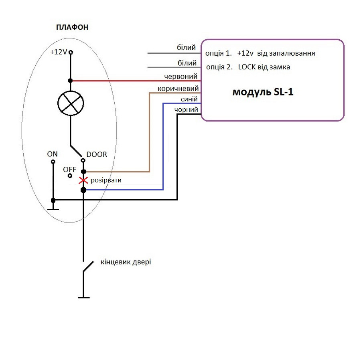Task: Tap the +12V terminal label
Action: point(59,52)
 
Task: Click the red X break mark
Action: point(83,180)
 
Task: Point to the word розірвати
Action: point(106,180)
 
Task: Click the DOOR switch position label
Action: point(97,154)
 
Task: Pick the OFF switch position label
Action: point(69,169)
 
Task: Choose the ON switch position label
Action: point(53,154)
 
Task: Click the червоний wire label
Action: point(180,76)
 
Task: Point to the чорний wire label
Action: point(187,109)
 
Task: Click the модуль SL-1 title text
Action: point(263,92)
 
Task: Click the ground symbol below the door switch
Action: point(83,297)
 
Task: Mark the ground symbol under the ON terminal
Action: point(53,208)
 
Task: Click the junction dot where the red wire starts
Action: point(71,81)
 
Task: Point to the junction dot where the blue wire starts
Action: point(83,190)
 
